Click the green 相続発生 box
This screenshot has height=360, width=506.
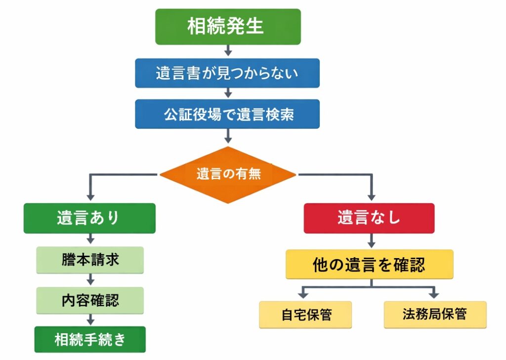point(227,27)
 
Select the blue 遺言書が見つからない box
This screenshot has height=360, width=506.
point(227,73)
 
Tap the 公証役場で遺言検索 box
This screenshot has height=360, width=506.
point(227,114)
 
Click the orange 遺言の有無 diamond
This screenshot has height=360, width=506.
point(228,175)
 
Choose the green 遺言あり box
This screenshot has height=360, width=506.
point(89,218)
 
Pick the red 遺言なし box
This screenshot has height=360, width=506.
point(369,218)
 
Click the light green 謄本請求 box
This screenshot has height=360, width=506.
point(90,260)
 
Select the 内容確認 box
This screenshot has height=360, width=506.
point(90,300)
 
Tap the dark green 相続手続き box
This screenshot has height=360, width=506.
point(90,340)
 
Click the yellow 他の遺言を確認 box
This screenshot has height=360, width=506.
point(369,265)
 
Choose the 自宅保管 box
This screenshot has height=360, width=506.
point(305,315)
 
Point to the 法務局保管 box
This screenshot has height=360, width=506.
point(435,315)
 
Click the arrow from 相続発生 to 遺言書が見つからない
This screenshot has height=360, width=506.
point(227,51)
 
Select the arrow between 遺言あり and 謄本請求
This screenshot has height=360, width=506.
point(90,240)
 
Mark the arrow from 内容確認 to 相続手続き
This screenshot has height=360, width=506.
point(90,319)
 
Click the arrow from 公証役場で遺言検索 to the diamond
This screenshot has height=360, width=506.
point(228,135)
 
